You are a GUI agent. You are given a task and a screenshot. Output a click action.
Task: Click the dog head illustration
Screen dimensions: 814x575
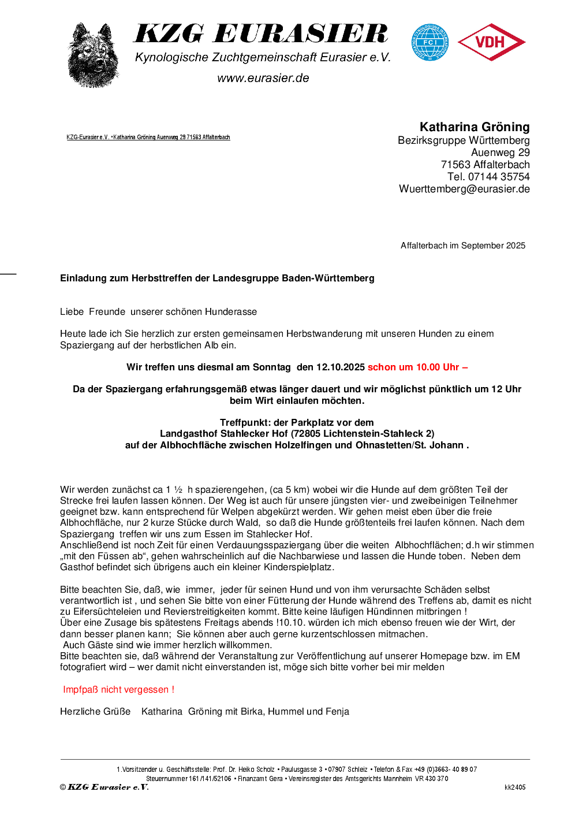pos(93,55)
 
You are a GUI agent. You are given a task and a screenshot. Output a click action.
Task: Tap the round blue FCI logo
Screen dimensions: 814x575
pos(430,42)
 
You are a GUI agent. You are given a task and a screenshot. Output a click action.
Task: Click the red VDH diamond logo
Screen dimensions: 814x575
pos(491,42)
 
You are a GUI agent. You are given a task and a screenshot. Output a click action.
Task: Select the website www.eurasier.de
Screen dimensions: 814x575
pos(263,78)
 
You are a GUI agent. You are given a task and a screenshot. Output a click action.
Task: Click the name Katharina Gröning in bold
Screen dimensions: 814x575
pos(474,127)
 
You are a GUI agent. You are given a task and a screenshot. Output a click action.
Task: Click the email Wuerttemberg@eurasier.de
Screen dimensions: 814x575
pos(464,189)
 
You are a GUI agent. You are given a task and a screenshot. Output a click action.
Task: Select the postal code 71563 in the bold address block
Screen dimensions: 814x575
pos(455,165)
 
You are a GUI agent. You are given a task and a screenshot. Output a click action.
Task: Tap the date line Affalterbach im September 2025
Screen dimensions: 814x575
pos(463,246)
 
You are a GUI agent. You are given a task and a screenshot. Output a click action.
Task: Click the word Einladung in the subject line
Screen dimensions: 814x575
pos(84,278)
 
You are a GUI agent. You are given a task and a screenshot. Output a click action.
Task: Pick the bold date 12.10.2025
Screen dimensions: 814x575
pos(341,367)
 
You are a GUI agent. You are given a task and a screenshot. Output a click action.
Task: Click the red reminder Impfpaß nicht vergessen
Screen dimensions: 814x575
pos(118,690)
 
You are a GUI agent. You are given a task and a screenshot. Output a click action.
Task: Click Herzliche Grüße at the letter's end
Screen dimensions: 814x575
pos(95,712)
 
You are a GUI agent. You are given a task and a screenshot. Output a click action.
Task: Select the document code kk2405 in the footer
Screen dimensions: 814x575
pos(515,787)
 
